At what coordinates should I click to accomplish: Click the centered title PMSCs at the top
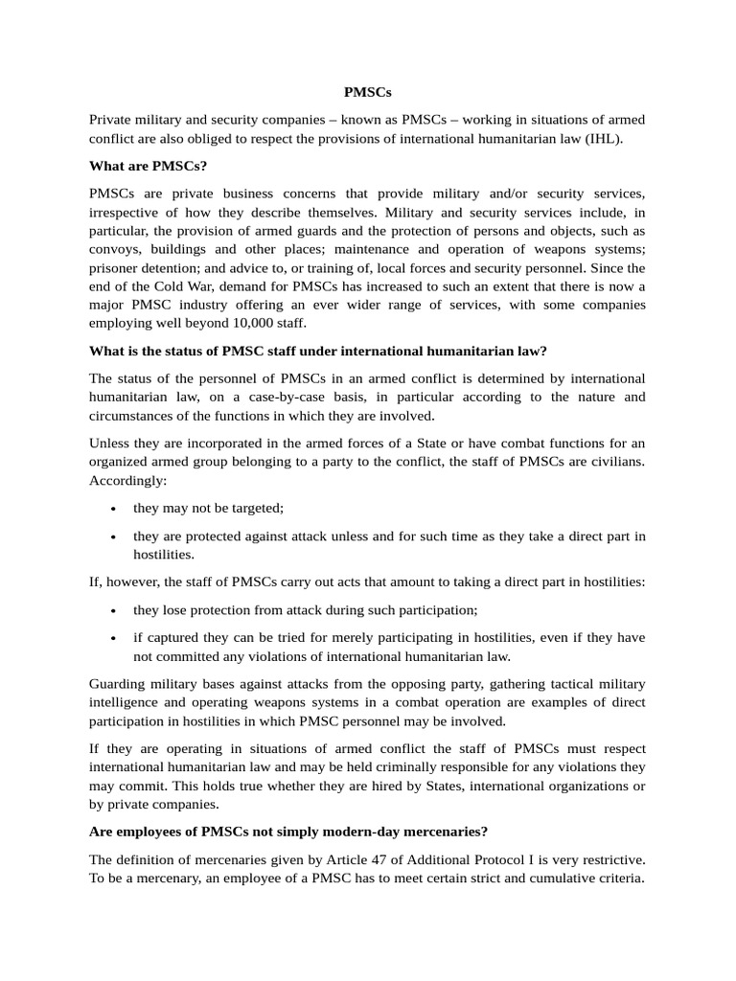[368, 93]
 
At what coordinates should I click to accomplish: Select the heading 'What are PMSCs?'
[148, 167]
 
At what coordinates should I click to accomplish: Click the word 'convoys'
[115, 251]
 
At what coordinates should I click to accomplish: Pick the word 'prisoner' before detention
[116, 268]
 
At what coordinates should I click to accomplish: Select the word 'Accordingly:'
[127, 480]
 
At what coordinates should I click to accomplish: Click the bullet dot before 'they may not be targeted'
[114, 509]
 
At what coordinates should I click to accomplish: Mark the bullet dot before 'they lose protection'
[114, 610]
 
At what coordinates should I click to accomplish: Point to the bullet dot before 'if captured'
[114, 638]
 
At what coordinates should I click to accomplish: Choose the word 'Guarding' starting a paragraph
[119, 684]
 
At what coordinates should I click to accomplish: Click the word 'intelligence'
[127, 702]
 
